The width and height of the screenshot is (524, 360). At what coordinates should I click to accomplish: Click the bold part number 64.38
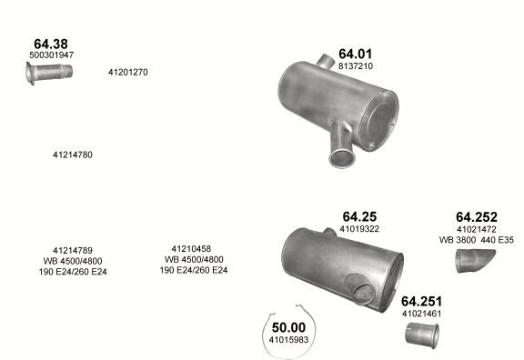[51, 44]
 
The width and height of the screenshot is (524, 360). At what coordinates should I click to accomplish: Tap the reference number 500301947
[52, 55]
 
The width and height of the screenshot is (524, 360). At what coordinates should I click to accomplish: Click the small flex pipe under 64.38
[49, 73]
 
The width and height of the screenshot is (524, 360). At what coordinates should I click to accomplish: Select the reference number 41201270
[128, 72]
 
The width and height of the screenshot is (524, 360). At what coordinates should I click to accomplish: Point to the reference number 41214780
[73, 155]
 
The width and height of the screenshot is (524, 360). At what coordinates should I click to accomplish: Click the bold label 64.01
[355, 54]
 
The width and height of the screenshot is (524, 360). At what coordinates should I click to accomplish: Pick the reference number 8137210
[356, 66]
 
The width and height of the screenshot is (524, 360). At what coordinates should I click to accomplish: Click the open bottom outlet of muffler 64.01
[342, 158]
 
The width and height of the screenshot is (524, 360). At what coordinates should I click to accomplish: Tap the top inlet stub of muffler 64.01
[325, 60]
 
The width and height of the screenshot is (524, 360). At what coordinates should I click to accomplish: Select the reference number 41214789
[73, 251]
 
